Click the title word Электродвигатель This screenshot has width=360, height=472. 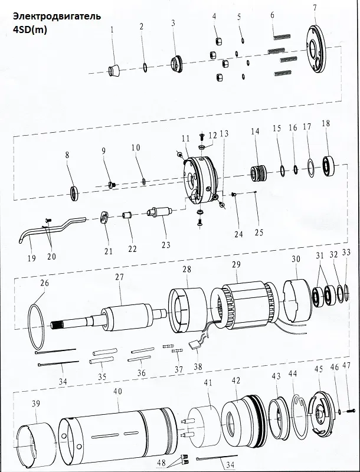[57, 17]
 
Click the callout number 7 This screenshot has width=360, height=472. [315, 8]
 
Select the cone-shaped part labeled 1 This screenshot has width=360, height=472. [114, 71]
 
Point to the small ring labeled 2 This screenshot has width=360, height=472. [145, 67]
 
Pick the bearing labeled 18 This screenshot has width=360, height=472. [329, 166]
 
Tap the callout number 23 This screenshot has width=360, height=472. [166, 245]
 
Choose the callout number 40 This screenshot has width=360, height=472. [117, 392]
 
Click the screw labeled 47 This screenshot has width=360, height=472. [351, 411]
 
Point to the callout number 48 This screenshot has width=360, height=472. [161, 462]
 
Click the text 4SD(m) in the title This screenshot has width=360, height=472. [30, 31]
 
